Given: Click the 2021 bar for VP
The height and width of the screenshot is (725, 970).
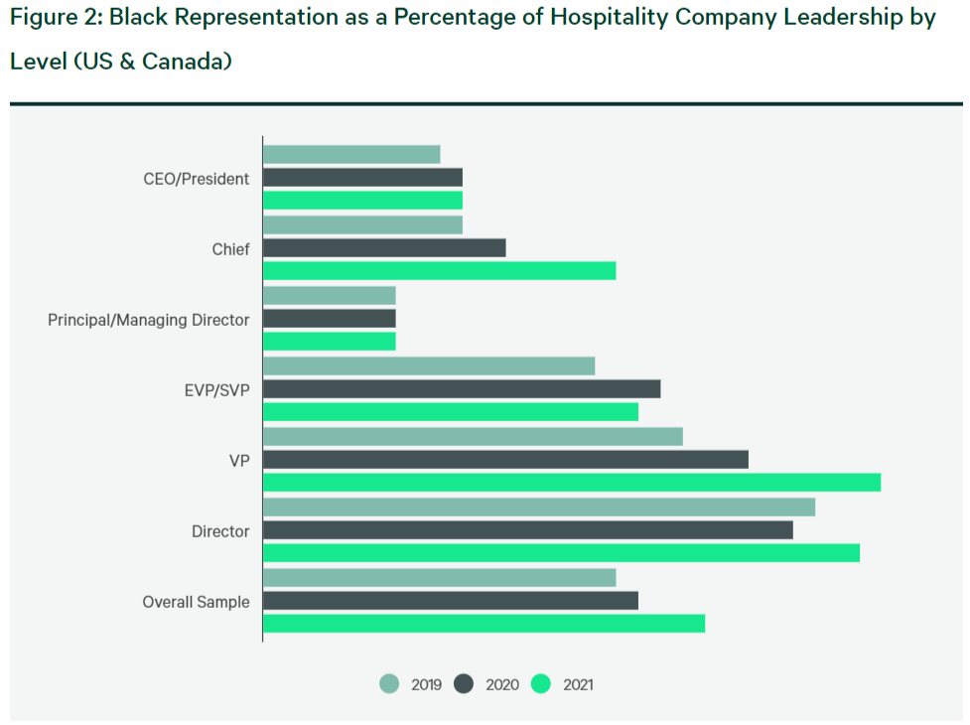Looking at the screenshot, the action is tap(572, 483).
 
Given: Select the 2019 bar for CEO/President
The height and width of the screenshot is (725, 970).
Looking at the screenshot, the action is tap(351, 155).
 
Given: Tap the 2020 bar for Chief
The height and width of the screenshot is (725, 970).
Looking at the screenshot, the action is tap(384, 248).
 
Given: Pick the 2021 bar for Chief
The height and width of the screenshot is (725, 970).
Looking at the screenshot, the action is tap(439, 271).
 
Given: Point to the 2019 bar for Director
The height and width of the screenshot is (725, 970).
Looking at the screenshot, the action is tap(539, 507).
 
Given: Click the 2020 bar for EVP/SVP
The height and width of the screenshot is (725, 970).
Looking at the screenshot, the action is tap(462, 389).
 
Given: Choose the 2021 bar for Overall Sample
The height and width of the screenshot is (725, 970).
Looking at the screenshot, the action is tap(484, 624).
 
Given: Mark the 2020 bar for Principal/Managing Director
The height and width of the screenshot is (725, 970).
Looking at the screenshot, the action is tap(329, 319).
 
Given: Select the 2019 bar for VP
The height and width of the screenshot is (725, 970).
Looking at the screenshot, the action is tap(473, 437).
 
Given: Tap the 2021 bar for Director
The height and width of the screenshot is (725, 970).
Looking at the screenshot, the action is tap(561, 553).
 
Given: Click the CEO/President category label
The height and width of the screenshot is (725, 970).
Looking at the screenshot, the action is tap(197, 179).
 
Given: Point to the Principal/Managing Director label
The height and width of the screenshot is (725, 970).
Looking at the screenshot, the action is tap(149, 320).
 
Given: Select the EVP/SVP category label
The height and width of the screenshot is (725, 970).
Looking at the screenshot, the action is tap(217, 390).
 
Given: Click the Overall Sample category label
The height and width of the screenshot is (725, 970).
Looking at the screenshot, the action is tap(197, 602).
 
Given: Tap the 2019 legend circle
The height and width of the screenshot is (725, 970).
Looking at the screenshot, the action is tap(389, 684).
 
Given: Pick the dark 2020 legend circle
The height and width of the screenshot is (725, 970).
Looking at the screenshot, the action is tap(464, 684).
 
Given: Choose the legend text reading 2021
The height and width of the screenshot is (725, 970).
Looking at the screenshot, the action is tap(579, 685).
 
